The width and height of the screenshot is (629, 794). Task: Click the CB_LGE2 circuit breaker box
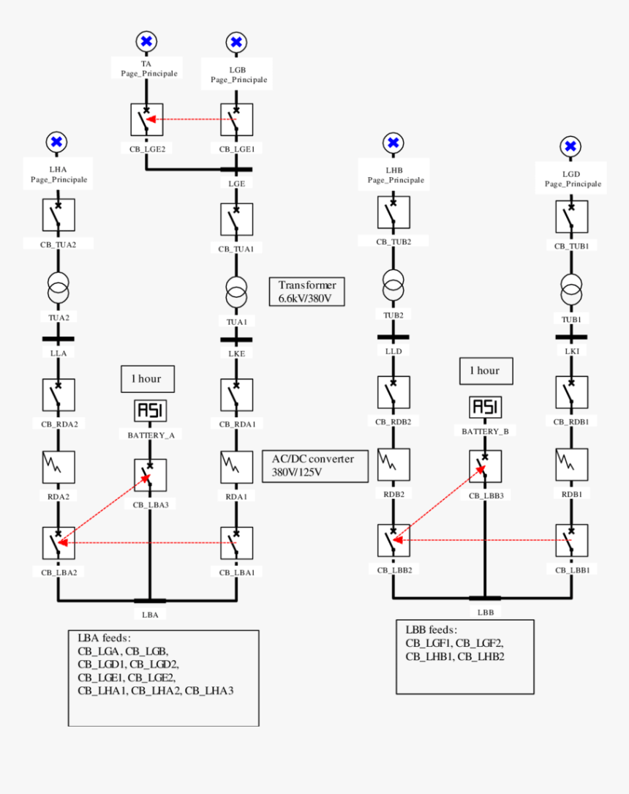click(x=147, y=119)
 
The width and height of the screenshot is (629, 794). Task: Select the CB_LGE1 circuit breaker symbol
click(x=236, y=119)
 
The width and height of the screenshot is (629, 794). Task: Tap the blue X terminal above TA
click(x=146, y=42)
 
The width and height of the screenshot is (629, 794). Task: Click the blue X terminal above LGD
click(x=570, y=146)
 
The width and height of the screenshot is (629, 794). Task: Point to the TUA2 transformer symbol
click(x=59, y=288)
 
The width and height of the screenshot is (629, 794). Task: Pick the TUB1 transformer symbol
click(x=570, y=290)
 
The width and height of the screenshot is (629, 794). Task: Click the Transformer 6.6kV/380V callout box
click(x=307, y=292)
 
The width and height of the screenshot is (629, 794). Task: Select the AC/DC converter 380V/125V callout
click(x=314, y=466)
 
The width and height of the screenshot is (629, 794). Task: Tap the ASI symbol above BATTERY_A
click(x=150, y=411)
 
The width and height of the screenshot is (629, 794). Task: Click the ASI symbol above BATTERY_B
click(x=484, y=407)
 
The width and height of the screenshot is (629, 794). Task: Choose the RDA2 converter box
click(x=59, y=467)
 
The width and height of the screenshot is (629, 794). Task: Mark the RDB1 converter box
click(x=570, y=465)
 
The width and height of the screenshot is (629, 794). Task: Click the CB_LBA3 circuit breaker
click(x=150, y=476)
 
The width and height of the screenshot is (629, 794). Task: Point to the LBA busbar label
click(x=150, y=614)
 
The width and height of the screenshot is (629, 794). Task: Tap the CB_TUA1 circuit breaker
click(x=236, y=219)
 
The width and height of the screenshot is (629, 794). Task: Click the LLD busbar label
click(x=393, y=352)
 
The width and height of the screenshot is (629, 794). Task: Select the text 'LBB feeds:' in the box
click(x=432, y=629)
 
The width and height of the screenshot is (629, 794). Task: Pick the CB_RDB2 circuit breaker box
click(x=393, y=393)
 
